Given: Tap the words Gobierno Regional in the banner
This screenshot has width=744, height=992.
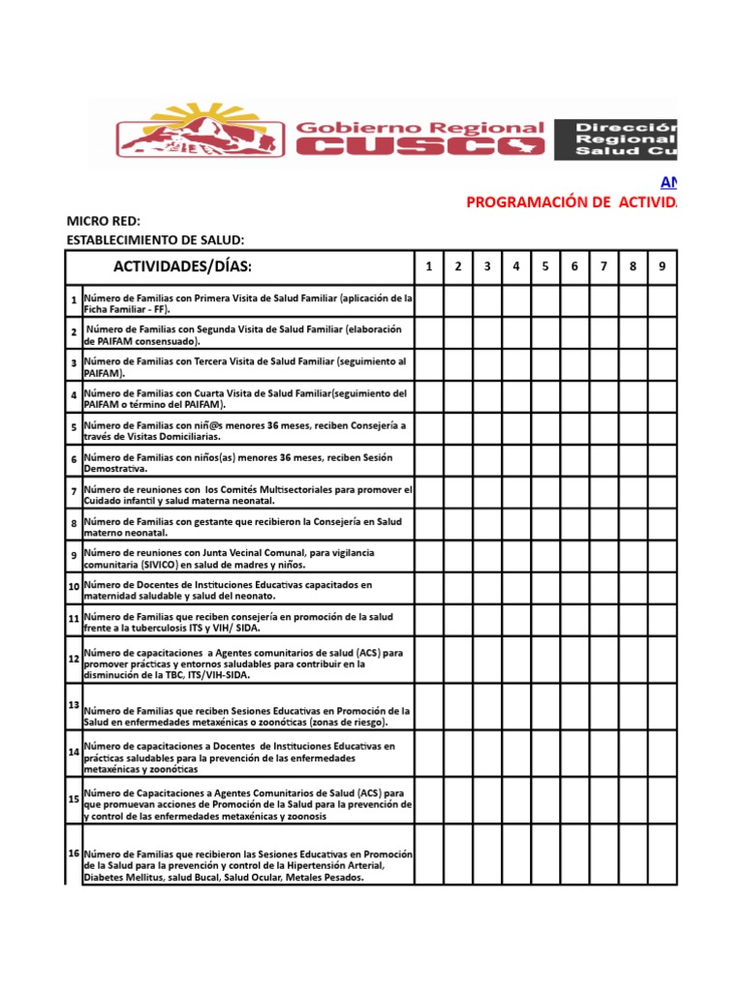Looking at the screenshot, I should [x=418, y=127].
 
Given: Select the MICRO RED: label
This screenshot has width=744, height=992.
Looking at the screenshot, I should [x=104, y=222].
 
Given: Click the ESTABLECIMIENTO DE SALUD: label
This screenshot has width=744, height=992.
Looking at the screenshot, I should [x=155, y=240].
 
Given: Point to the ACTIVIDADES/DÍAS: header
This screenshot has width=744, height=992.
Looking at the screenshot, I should [x=182, y=267].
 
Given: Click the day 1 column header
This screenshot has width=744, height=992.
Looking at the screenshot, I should [x=429, y=266].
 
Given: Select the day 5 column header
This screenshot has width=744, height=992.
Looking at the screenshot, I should [x=545, y=266].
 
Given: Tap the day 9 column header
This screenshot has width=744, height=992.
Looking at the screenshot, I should [x=662, y=266].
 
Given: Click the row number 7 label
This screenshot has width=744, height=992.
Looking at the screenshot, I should [x=74, y=492].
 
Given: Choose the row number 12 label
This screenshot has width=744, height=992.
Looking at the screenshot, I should [x=74, y=659].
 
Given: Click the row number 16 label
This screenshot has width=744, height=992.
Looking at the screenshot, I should [x=74, y=852].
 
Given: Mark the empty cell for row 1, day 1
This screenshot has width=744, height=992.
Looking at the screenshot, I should [x=429, y=302].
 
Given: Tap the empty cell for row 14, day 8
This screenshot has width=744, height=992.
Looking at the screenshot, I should [x=633, y=752].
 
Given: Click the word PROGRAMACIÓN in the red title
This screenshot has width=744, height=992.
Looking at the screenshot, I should [x=527, y=201].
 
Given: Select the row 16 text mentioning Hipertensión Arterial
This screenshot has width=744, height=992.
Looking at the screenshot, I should [x=248, y=865].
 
